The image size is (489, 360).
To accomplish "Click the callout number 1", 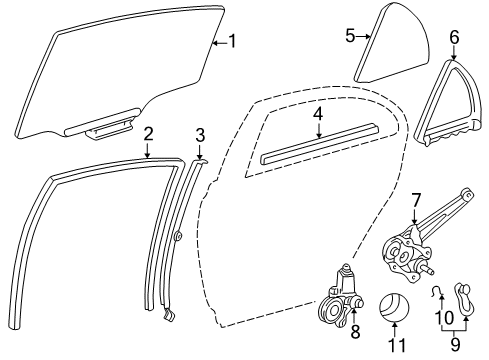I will tap(232, 41).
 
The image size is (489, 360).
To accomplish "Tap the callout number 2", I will tap(148, 134).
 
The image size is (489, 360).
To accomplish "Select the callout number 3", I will tap(200, 135).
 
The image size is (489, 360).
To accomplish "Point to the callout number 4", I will tap(317, 114).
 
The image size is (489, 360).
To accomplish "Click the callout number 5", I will tap(351, 36).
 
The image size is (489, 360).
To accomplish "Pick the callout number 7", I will tap(417, 201).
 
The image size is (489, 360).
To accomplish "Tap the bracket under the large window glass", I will tap(105, 129).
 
